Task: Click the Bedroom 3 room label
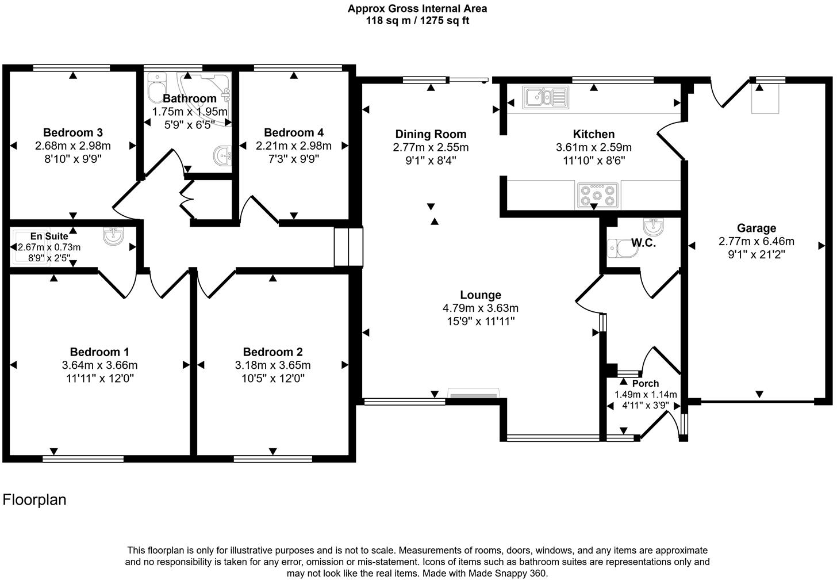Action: (x=72, y=132)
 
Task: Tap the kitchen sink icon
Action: (x=545, y=97)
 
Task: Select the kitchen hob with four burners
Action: (x=597, y=195)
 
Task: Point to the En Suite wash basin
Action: (x=113, y=236)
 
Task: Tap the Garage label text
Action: (x=756, y=228)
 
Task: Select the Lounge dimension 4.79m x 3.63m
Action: (x=480, y=308)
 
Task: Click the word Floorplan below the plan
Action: (x=34, y=499)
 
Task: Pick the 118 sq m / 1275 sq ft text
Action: (x=417, y=21)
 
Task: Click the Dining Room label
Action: (x=431, y=135)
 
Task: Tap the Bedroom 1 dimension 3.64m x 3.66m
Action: (x=99, y=365)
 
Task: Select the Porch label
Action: (x=645, y=383)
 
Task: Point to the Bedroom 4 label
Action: (x=293, y=132)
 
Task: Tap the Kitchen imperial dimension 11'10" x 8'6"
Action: (x=593, y=161)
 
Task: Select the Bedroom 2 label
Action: (x=272, y=352)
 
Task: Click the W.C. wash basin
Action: (x=652, y=226)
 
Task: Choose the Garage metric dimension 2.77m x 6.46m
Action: (x=756, y=241)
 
